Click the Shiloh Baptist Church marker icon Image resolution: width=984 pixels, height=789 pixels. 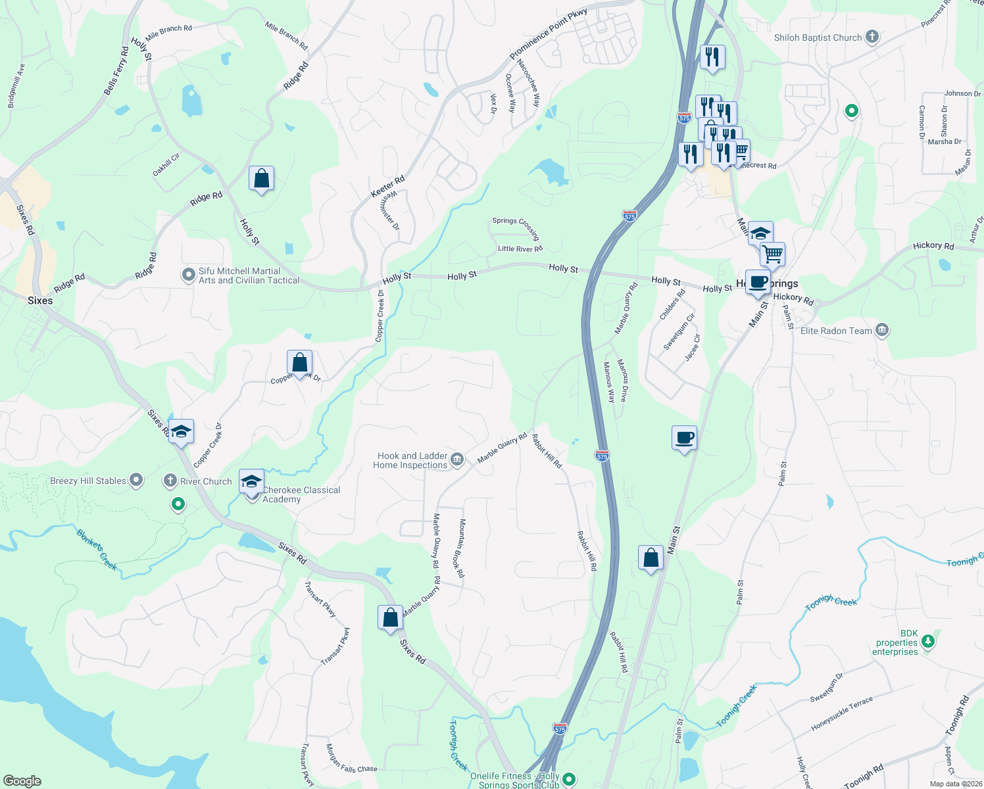[x=872, y=37]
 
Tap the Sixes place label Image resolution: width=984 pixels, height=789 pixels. [x=40, y=300]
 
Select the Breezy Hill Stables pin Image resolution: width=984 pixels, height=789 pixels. [x=136, y=481]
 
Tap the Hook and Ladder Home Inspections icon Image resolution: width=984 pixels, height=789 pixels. [x=457, y=460]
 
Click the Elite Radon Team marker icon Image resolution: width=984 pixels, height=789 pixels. [x=882, y=330]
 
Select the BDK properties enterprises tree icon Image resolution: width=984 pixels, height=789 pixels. [x=928, y=640]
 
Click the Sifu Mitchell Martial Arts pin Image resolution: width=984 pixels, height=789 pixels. [x=189, y=275]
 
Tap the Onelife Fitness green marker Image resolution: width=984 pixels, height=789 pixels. [x=569, y=780]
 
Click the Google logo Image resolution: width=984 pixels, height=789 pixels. [x=22, y=781]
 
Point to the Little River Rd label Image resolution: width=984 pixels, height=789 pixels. [x=520, y=249]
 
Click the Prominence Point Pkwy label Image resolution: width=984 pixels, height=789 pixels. [x=548, y=34]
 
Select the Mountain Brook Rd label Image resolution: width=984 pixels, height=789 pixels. [x=461, y=548]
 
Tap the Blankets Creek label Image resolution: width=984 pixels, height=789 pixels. [x=97, y=550]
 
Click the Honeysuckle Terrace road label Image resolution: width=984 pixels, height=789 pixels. [x=842, y=713]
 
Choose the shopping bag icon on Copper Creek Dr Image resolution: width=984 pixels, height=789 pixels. [x=299, y=362]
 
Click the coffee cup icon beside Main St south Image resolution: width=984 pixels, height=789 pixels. [x=684, y=437]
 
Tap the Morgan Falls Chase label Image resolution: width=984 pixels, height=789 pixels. [x=351, y=759]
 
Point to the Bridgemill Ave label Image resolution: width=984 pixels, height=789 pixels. [x=16, y=86]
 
